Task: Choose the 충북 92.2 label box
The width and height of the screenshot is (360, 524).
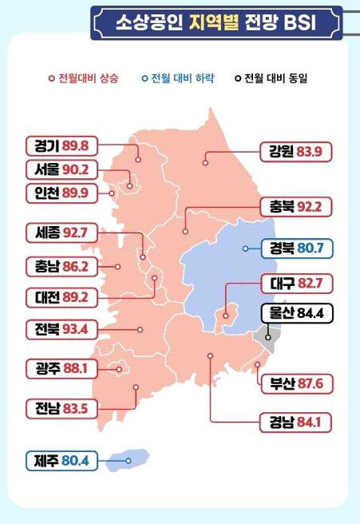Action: [295, 207]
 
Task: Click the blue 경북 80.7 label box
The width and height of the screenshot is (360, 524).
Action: [295, 249]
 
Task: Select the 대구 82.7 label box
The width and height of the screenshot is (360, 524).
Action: [295, 283]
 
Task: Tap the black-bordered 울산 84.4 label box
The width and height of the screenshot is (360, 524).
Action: [295, 312]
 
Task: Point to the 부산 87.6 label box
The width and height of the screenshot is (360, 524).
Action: [295, 383]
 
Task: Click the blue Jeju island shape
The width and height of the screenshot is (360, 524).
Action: [131, 458]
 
